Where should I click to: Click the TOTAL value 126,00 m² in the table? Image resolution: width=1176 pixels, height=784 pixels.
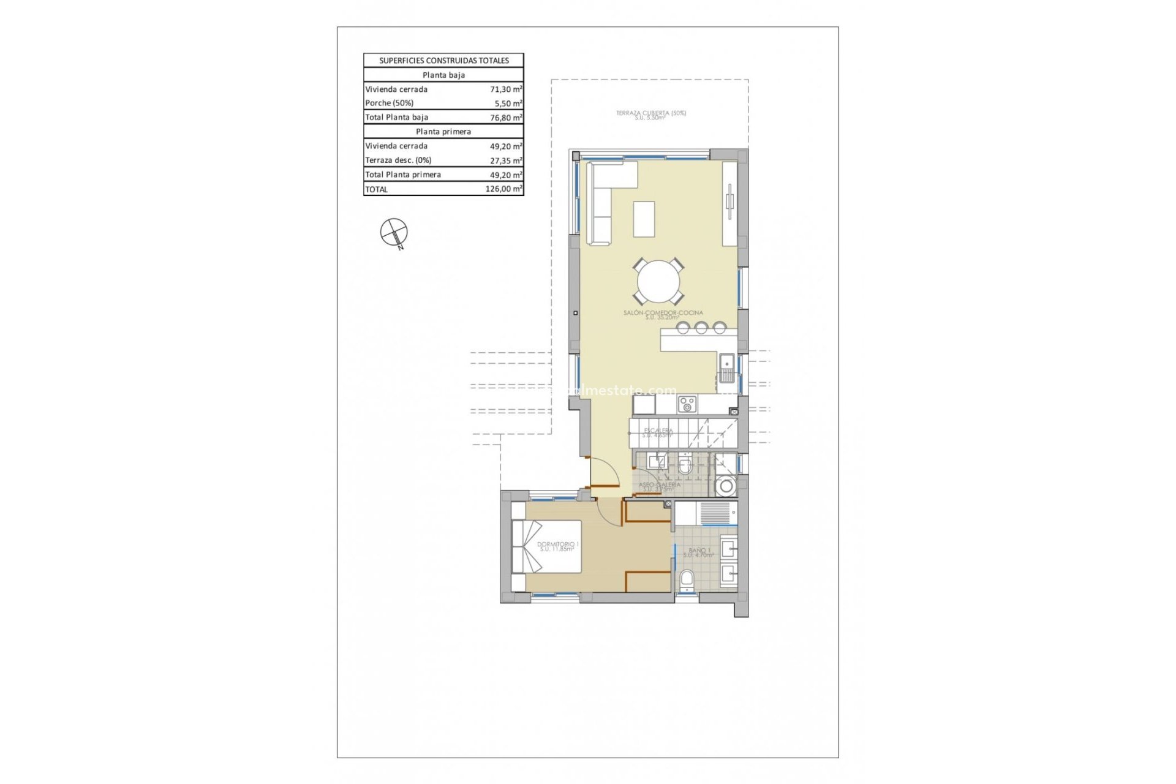[503, 189]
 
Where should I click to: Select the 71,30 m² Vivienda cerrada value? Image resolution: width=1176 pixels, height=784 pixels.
[506, 89]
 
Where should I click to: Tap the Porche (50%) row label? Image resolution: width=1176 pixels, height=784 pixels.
[390, 103]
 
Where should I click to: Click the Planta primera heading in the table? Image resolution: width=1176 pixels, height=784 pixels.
[443, 131]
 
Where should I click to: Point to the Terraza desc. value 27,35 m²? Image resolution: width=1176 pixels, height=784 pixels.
[506, 160]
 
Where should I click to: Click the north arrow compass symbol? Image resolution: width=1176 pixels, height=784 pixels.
[393, 233]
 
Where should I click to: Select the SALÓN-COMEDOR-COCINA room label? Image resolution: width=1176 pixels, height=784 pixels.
[663, 314]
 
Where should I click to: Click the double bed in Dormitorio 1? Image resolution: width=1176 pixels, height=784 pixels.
[547, 546]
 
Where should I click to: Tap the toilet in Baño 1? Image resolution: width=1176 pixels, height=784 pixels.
[687, 579]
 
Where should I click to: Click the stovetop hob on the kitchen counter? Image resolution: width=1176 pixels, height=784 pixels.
[687, 404]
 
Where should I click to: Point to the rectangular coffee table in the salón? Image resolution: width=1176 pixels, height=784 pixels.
[644, 219]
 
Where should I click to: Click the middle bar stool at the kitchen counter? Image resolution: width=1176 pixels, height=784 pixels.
[701, 328]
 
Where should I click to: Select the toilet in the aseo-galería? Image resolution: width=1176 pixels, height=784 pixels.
[685, 466]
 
